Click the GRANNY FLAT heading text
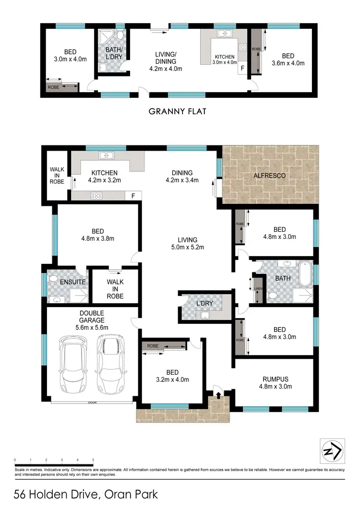177,111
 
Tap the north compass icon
332,451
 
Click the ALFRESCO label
269,176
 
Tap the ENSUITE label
72,282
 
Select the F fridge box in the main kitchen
133,196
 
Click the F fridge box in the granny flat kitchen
242,69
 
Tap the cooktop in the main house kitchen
96,195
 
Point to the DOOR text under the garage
92,402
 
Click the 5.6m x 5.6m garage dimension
92,328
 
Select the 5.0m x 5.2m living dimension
188,248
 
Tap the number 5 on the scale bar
93,460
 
